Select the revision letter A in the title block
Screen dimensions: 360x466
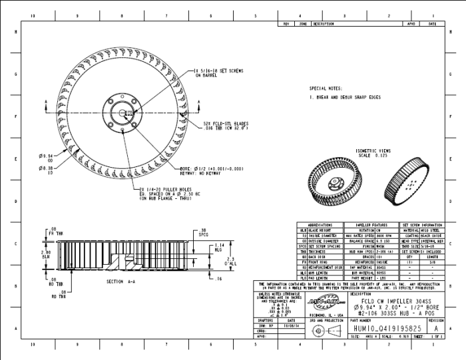tap(435, 329)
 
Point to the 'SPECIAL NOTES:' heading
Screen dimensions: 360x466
tap(326, 87)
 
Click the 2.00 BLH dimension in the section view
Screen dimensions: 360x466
tap(46, 255)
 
